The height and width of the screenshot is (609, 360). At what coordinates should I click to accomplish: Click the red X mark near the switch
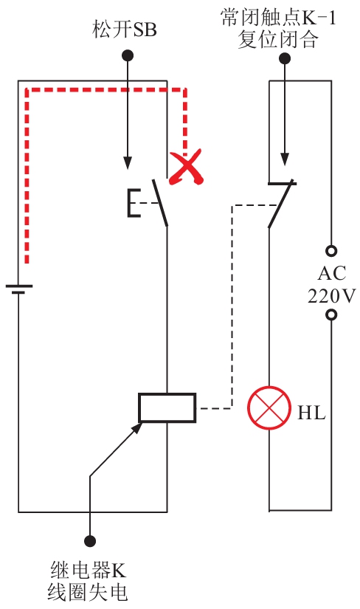[x=186, y=168]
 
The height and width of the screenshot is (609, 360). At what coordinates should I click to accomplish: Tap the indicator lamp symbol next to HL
[x=269, y=407]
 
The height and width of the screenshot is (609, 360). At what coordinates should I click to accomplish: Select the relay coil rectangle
[x=167, y=407]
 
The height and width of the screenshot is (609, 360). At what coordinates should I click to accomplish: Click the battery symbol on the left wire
[x=18, y=289]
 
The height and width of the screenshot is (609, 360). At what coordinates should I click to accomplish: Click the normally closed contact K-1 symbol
[x=282, y=204]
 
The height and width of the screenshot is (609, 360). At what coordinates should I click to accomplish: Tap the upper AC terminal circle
[x=331, y=251]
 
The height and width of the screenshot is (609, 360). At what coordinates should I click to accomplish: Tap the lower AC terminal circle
[x=331, y=314]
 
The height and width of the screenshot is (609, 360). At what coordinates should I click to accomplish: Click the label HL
[x=311, y=413]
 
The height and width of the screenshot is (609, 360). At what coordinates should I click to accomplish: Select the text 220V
[x=331, y=296]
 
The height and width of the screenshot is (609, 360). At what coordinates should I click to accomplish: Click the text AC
[x=332, y=273]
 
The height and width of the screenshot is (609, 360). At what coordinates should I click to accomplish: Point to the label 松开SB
[x=124, y=29]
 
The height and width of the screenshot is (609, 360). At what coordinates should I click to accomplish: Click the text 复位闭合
[x=278, y=40]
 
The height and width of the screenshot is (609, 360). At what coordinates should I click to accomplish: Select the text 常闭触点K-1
[x=278, y=18]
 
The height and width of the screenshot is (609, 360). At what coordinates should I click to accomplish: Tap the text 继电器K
[x=88, y=570]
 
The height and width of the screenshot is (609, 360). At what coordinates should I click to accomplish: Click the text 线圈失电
[x=88, y=592]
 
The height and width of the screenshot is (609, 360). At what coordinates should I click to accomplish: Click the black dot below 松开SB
[x=128, y=55]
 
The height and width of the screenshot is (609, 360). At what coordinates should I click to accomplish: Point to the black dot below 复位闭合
[x=285, y=58]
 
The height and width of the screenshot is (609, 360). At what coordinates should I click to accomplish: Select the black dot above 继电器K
[x=90, y=540]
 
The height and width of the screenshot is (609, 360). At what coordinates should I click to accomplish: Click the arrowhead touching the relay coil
[x=137, y=427]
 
